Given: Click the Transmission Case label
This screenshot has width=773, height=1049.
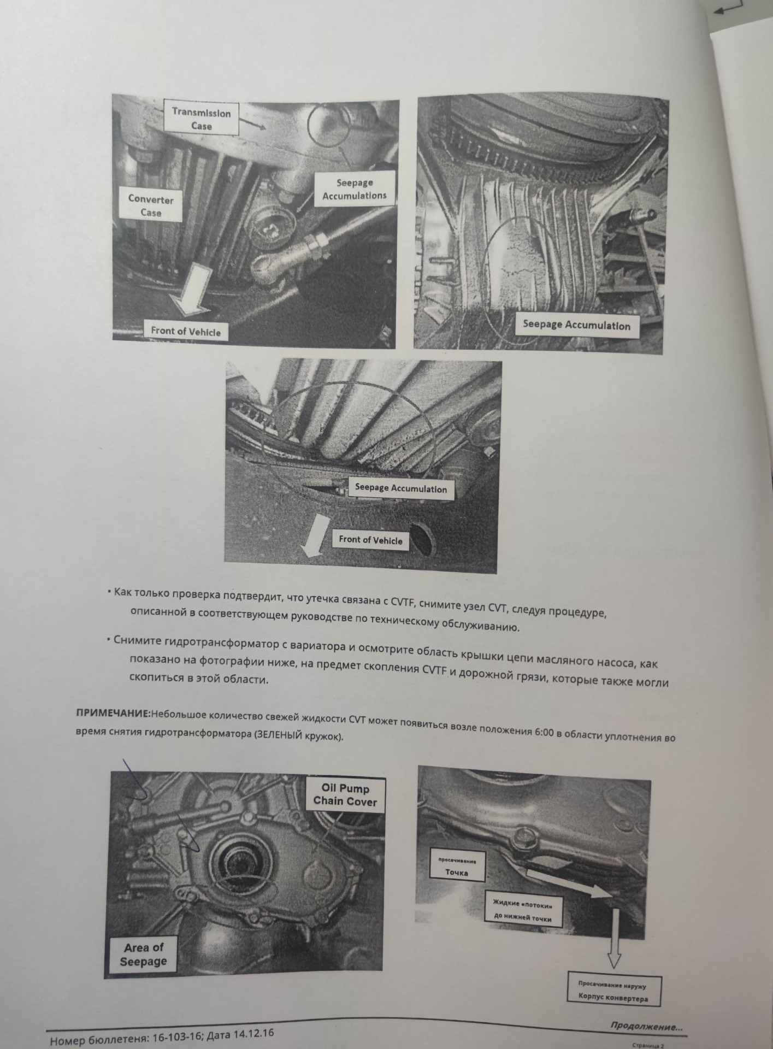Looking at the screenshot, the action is [201, 119].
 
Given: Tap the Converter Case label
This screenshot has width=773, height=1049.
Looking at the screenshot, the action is [150, 205].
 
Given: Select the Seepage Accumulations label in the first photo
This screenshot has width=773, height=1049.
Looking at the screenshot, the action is [354, 189].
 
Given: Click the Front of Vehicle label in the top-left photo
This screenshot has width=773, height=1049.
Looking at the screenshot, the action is [186, 331].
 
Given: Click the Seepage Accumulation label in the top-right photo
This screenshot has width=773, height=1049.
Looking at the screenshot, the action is [576, 325].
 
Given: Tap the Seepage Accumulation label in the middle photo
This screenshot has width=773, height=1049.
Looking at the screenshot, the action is [401, 488].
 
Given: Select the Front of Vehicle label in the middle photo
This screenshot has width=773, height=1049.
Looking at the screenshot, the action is [370, 540].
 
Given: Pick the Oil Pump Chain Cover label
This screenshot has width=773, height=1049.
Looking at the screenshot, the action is [345, 795].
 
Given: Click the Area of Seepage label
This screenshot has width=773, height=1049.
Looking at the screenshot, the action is [144, 954].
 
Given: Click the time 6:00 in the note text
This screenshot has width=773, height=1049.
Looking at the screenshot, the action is [544, 732].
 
